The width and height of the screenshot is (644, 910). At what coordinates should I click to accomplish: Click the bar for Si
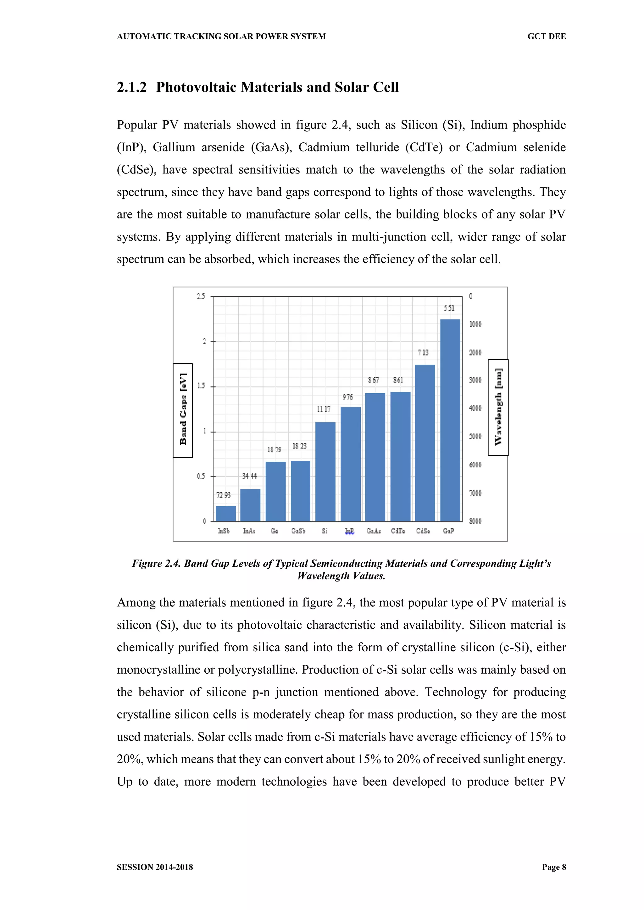click(325, 472)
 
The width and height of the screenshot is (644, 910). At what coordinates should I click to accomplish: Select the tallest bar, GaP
click(450, 420)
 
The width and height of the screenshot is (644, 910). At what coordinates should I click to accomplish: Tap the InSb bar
click(226, 514)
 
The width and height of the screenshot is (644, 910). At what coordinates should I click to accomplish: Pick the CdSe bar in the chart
click(425, 443)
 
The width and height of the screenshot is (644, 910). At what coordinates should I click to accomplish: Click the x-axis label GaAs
click(374, 531)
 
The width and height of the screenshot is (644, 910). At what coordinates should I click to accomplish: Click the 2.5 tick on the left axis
click(201, 296)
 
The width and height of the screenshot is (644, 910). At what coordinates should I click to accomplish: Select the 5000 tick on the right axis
click(475, 436)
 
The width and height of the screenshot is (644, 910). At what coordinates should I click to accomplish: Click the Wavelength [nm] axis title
click(498, 407)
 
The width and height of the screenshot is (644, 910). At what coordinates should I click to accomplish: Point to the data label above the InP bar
click(347, 397)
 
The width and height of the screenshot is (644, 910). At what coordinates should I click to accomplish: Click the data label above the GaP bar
click(449, 308)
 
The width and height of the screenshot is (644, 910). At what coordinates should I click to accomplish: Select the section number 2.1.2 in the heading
click(132, 87)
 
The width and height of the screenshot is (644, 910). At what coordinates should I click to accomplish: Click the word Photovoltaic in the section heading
click(196, 87)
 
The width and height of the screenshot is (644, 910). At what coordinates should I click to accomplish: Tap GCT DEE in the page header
click(547, 36)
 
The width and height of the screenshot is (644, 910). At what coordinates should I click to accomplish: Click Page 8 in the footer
click(554, 867)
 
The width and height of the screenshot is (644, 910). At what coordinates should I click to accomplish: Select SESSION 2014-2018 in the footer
click(155, 867)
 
